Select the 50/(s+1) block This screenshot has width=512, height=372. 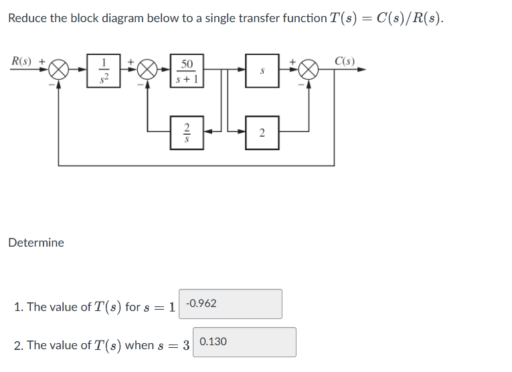(187, 70)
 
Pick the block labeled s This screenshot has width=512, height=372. (262, 70)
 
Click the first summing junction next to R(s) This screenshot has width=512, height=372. (60, 70)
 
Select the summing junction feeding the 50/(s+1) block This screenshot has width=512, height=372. (147, 70)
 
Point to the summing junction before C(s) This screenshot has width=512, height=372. (309, 70)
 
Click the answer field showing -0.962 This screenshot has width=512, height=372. (230, 304)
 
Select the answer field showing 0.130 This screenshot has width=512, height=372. (244, 342)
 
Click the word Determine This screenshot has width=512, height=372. (36, 243)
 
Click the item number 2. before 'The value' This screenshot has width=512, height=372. (19, 345)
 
